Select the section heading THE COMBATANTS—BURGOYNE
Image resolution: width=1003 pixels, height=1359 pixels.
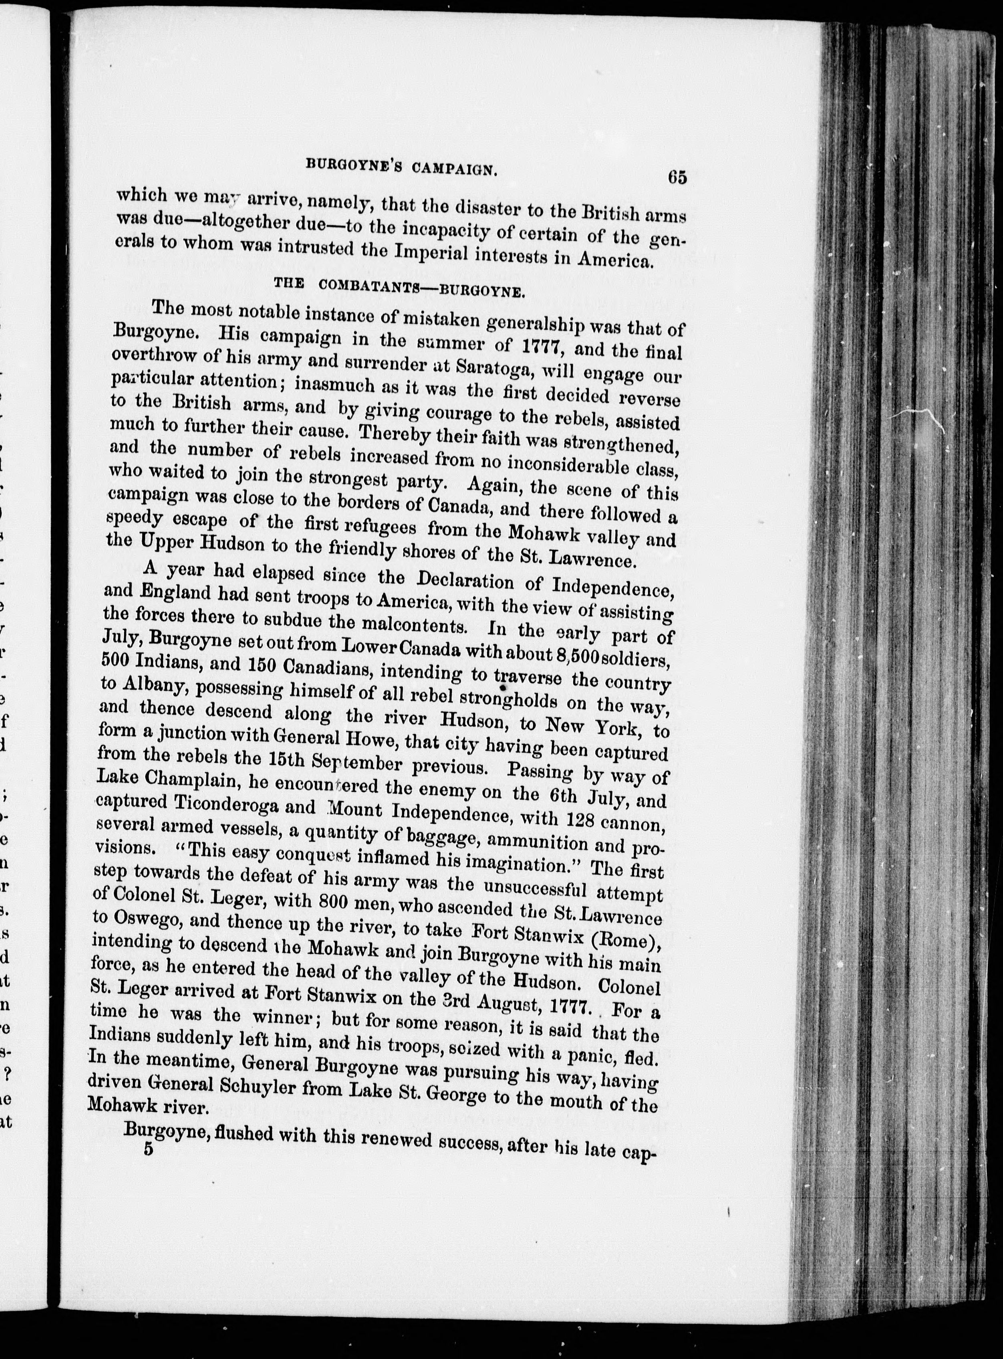[x=399, y=286]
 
